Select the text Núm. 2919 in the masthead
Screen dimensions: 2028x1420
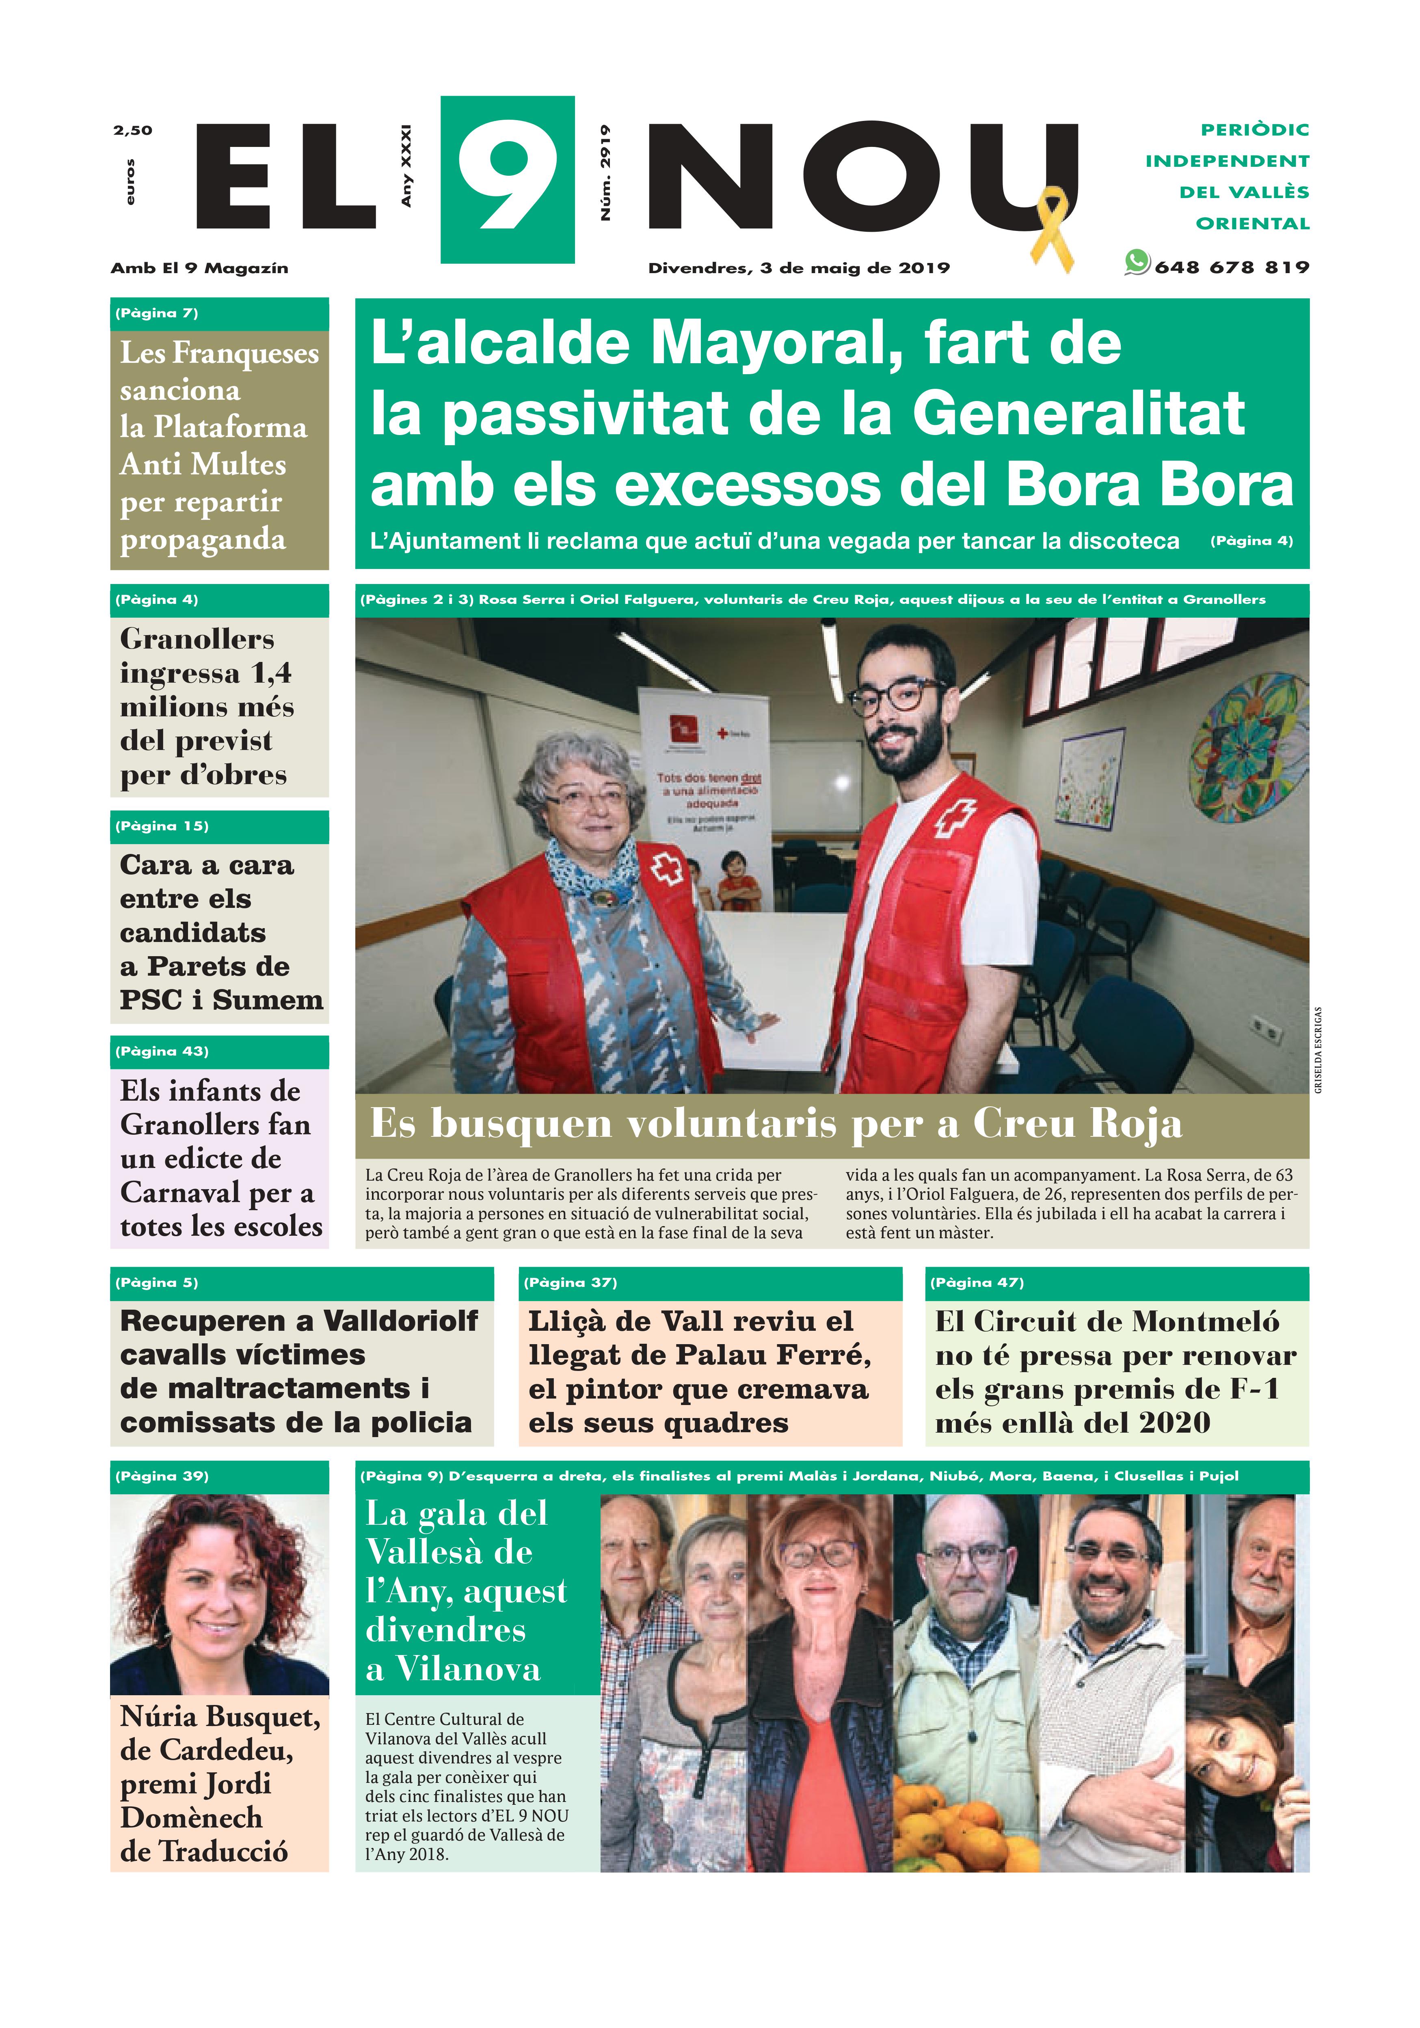click(x=605, y=173)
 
